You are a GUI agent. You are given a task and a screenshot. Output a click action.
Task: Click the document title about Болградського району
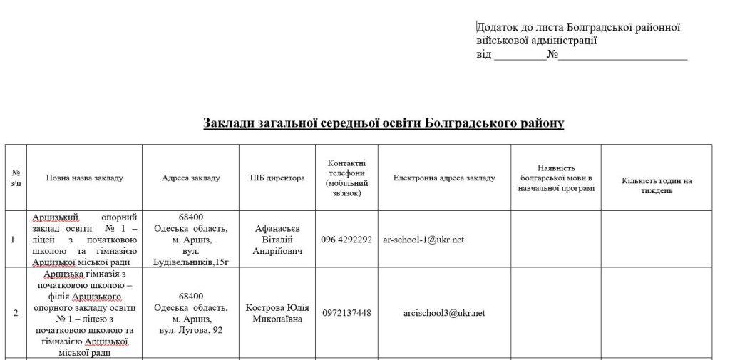point(384,123)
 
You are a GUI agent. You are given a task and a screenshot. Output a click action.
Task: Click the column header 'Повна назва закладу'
point(84,178)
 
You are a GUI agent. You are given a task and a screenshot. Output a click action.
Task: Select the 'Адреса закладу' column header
point(191,178)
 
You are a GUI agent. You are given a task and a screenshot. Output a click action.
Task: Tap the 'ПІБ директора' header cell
point(277,178)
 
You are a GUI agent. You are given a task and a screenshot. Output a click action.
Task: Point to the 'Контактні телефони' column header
point(346,178)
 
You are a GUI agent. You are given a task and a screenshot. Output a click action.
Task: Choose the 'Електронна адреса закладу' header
point(444,178)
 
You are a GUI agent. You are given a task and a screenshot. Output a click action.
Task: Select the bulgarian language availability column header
point(556,178)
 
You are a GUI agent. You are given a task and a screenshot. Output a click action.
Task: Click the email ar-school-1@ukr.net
point(423,240)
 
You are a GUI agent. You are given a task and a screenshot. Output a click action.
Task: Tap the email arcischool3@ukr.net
point(444,313)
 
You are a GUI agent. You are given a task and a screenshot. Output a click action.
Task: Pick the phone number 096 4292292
point(346,240)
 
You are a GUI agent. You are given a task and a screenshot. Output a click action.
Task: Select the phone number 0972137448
point(346,313)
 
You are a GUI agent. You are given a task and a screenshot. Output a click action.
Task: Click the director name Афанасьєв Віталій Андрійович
point(277,240)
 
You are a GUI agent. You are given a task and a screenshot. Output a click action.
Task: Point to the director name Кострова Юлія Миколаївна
point(277,313)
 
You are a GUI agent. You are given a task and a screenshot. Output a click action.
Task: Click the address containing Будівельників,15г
point(191,240)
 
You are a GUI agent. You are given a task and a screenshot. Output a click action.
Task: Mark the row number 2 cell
point(16,313)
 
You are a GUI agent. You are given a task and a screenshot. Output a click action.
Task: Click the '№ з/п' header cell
point(16,178)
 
